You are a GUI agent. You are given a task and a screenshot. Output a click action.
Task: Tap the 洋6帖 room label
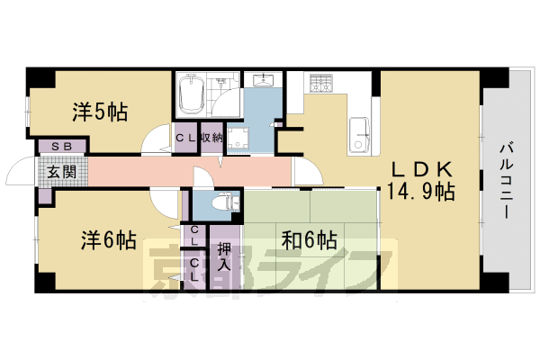[x=108, y=241]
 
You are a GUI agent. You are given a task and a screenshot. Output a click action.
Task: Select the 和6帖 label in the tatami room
[x=309, y=240]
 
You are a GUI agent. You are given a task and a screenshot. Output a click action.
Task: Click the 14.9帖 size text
[x=420, y=192]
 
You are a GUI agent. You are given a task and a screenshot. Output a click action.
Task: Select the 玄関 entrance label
[x=61, y=171]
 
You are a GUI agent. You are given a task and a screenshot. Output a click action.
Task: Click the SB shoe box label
[x=61, y=146]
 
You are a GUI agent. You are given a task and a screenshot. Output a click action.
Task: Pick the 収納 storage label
[x=212, y=138]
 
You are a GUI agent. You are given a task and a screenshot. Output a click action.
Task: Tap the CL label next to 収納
[x=185, y=138]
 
